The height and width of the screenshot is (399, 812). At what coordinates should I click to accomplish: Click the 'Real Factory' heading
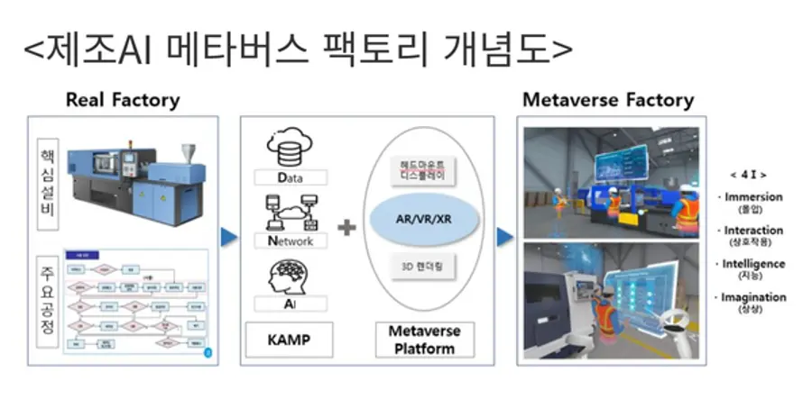pyautogui.click(x=123, y=100)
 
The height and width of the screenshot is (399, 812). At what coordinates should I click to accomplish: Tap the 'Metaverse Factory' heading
pyautogui.click(x=608, y=100)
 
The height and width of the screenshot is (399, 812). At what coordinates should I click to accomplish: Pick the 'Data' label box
pyautogui.click(x=290, y=177)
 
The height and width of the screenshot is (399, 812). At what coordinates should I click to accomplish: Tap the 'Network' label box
pyautogui.click(x=290, y=240)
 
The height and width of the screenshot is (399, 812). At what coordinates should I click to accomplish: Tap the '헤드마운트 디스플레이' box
pyautogui.click(x=423, y=170)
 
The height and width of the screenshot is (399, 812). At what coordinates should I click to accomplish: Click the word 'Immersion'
pyautogui.click(x=754, y=197)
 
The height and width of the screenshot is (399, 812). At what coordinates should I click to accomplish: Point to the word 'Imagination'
pyautogui.click(x=753, y=297)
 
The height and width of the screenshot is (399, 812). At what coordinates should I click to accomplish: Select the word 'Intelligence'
pyautogui.click(x=753, y=264)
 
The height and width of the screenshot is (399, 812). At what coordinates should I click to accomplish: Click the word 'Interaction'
pyautogui.click(x=753, y=231)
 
